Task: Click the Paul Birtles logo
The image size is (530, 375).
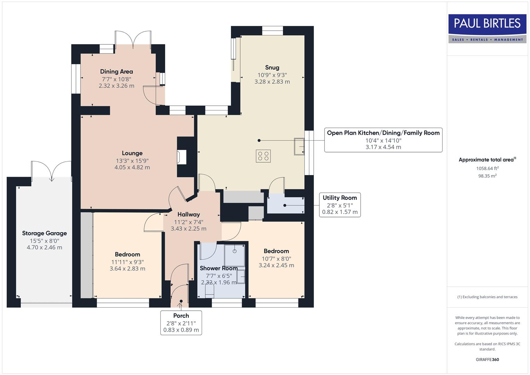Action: (x=487, y=28)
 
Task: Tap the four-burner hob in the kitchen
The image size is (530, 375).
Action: (x=263, y=156)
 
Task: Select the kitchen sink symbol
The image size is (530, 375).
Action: (x=299, y=146)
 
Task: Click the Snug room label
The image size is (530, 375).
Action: (x=272, y=67)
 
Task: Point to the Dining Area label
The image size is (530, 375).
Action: (x=116, y=72)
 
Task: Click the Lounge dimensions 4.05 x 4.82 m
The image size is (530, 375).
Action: (x=132, y=167)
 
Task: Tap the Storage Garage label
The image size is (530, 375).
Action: (x=44, y=233)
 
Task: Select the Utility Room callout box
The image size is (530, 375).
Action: (x=339, y=205)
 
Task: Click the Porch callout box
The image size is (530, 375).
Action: (x=181, y=323)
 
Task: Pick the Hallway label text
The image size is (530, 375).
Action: (x=188, y=215)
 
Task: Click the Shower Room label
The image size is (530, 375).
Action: (x=219, y=268)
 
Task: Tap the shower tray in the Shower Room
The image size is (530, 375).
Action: (x=235, y=256)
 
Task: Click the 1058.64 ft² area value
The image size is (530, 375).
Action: (x=487, y=168)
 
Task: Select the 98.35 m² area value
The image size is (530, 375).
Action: (x=487, y=176)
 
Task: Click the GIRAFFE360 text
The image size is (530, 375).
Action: (x=487, y=359)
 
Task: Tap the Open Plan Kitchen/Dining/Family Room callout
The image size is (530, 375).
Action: (x=383, y=140)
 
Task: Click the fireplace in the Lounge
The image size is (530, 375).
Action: (x=182, y=157)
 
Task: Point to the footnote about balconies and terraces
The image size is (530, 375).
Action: (x=487, y=297)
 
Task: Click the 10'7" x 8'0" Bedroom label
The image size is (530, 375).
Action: (x=276, y=258)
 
